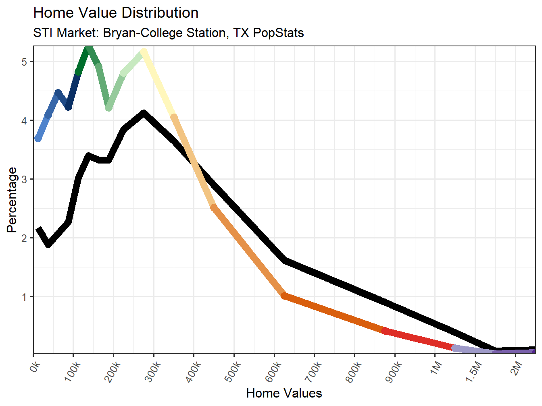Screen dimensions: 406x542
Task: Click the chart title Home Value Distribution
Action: (116, 13)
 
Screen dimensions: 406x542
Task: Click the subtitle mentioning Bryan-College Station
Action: (168, 33)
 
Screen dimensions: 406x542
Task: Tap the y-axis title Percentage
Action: (12, 200)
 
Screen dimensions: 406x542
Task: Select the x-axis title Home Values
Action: (284, 393)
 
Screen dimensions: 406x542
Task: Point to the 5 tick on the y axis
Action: (25, 62)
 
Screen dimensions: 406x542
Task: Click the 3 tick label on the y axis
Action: (25, 179)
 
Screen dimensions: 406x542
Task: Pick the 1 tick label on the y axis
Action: (25, 297)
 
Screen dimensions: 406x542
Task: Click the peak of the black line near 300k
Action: (144, 114)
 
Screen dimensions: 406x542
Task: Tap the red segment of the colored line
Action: (419, 339)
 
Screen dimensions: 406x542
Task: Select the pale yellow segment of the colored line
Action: (158, 84)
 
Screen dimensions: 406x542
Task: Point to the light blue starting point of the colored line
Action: (38, 138)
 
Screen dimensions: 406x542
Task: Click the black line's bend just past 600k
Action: (285, 261)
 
